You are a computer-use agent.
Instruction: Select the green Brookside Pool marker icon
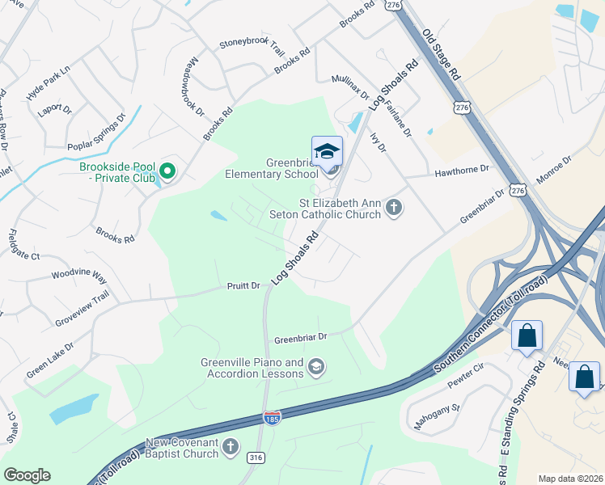167,171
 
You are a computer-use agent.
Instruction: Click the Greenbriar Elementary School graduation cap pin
328,152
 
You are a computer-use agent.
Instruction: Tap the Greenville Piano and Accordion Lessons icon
316,368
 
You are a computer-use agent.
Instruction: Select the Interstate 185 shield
273,418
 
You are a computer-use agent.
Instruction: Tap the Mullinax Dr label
350,91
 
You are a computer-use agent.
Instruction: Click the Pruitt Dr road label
243,285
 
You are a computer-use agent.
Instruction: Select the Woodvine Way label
79,276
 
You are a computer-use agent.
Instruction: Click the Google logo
27,475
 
